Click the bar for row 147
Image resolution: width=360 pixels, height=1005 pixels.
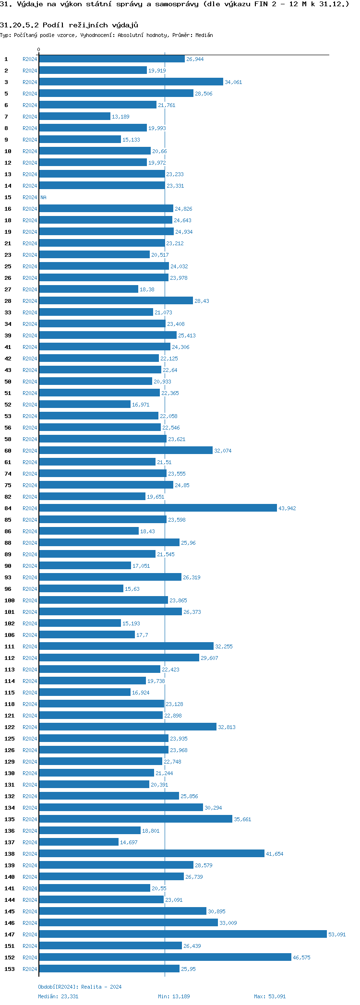pos(182,934)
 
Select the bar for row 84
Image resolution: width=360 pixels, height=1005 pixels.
pos(157,508)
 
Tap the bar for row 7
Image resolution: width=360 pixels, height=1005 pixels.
pos(74,116)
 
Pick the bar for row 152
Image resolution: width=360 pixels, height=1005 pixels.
pos(165,957)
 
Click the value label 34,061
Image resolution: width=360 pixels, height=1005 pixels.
pos(233,82)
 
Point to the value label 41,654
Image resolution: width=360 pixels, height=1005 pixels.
pos(275,854)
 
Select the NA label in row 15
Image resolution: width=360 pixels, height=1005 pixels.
pos(43,197)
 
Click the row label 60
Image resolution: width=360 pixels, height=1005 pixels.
pos(8,451)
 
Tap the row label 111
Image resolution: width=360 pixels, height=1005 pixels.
pos(10,646)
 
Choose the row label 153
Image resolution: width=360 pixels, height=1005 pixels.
pos(10,969)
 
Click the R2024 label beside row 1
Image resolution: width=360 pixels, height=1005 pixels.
pos(30,59)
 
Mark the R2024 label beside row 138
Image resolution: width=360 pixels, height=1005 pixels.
pos(30,854)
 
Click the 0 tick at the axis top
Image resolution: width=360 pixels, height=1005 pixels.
pos(39,49)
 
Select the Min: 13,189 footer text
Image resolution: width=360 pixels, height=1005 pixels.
pos(174,996)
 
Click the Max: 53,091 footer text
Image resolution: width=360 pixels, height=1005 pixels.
pos(270,996)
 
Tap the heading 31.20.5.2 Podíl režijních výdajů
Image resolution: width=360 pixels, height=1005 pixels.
pos(69,25)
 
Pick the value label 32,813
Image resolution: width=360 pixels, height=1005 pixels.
pos(227,727)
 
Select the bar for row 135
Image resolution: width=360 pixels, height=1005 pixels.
pos(135,819)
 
